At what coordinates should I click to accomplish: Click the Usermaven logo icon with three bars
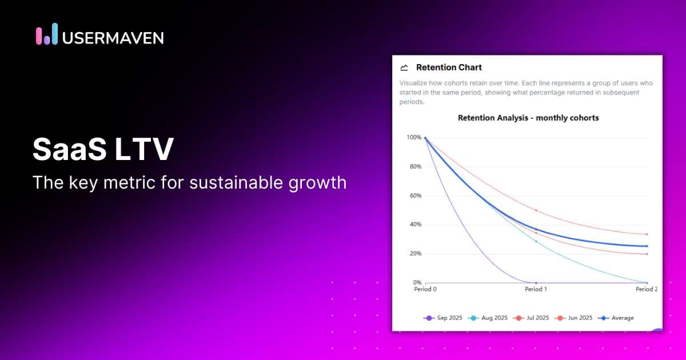click(x=47, y=35)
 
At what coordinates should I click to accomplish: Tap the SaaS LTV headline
click(x=103, y=150)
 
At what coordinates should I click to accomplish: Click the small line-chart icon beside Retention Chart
click(x=405, y=67)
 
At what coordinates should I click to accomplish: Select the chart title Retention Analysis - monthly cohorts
click(x=528, y=118)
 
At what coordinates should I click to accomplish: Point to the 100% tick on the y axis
click(x=414, y=138)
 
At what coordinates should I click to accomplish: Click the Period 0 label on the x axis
click(x=425, y=289)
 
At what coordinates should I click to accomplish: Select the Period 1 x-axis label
click(x=536, y=289)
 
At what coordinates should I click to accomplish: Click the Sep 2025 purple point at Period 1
click(x=536, y=283)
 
